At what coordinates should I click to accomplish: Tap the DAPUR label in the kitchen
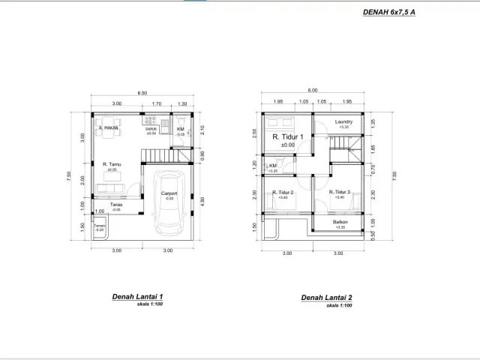tap(151, 129)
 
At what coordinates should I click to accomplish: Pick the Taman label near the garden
tap(99, 225)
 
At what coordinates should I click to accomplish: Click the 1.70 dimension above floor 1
tap(156, 103)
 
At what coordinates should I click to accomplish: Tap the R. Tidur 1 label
tap(287, 137)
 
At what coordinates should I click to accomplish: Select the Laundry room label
tap(344, 122)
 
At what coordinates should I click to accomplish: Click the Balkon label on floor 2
tap(340, 223)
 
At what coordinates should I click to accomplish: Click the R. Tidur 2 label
tap(283, 193)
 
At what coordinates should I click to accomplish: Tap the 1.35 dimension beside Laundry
tap(372, 124)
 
